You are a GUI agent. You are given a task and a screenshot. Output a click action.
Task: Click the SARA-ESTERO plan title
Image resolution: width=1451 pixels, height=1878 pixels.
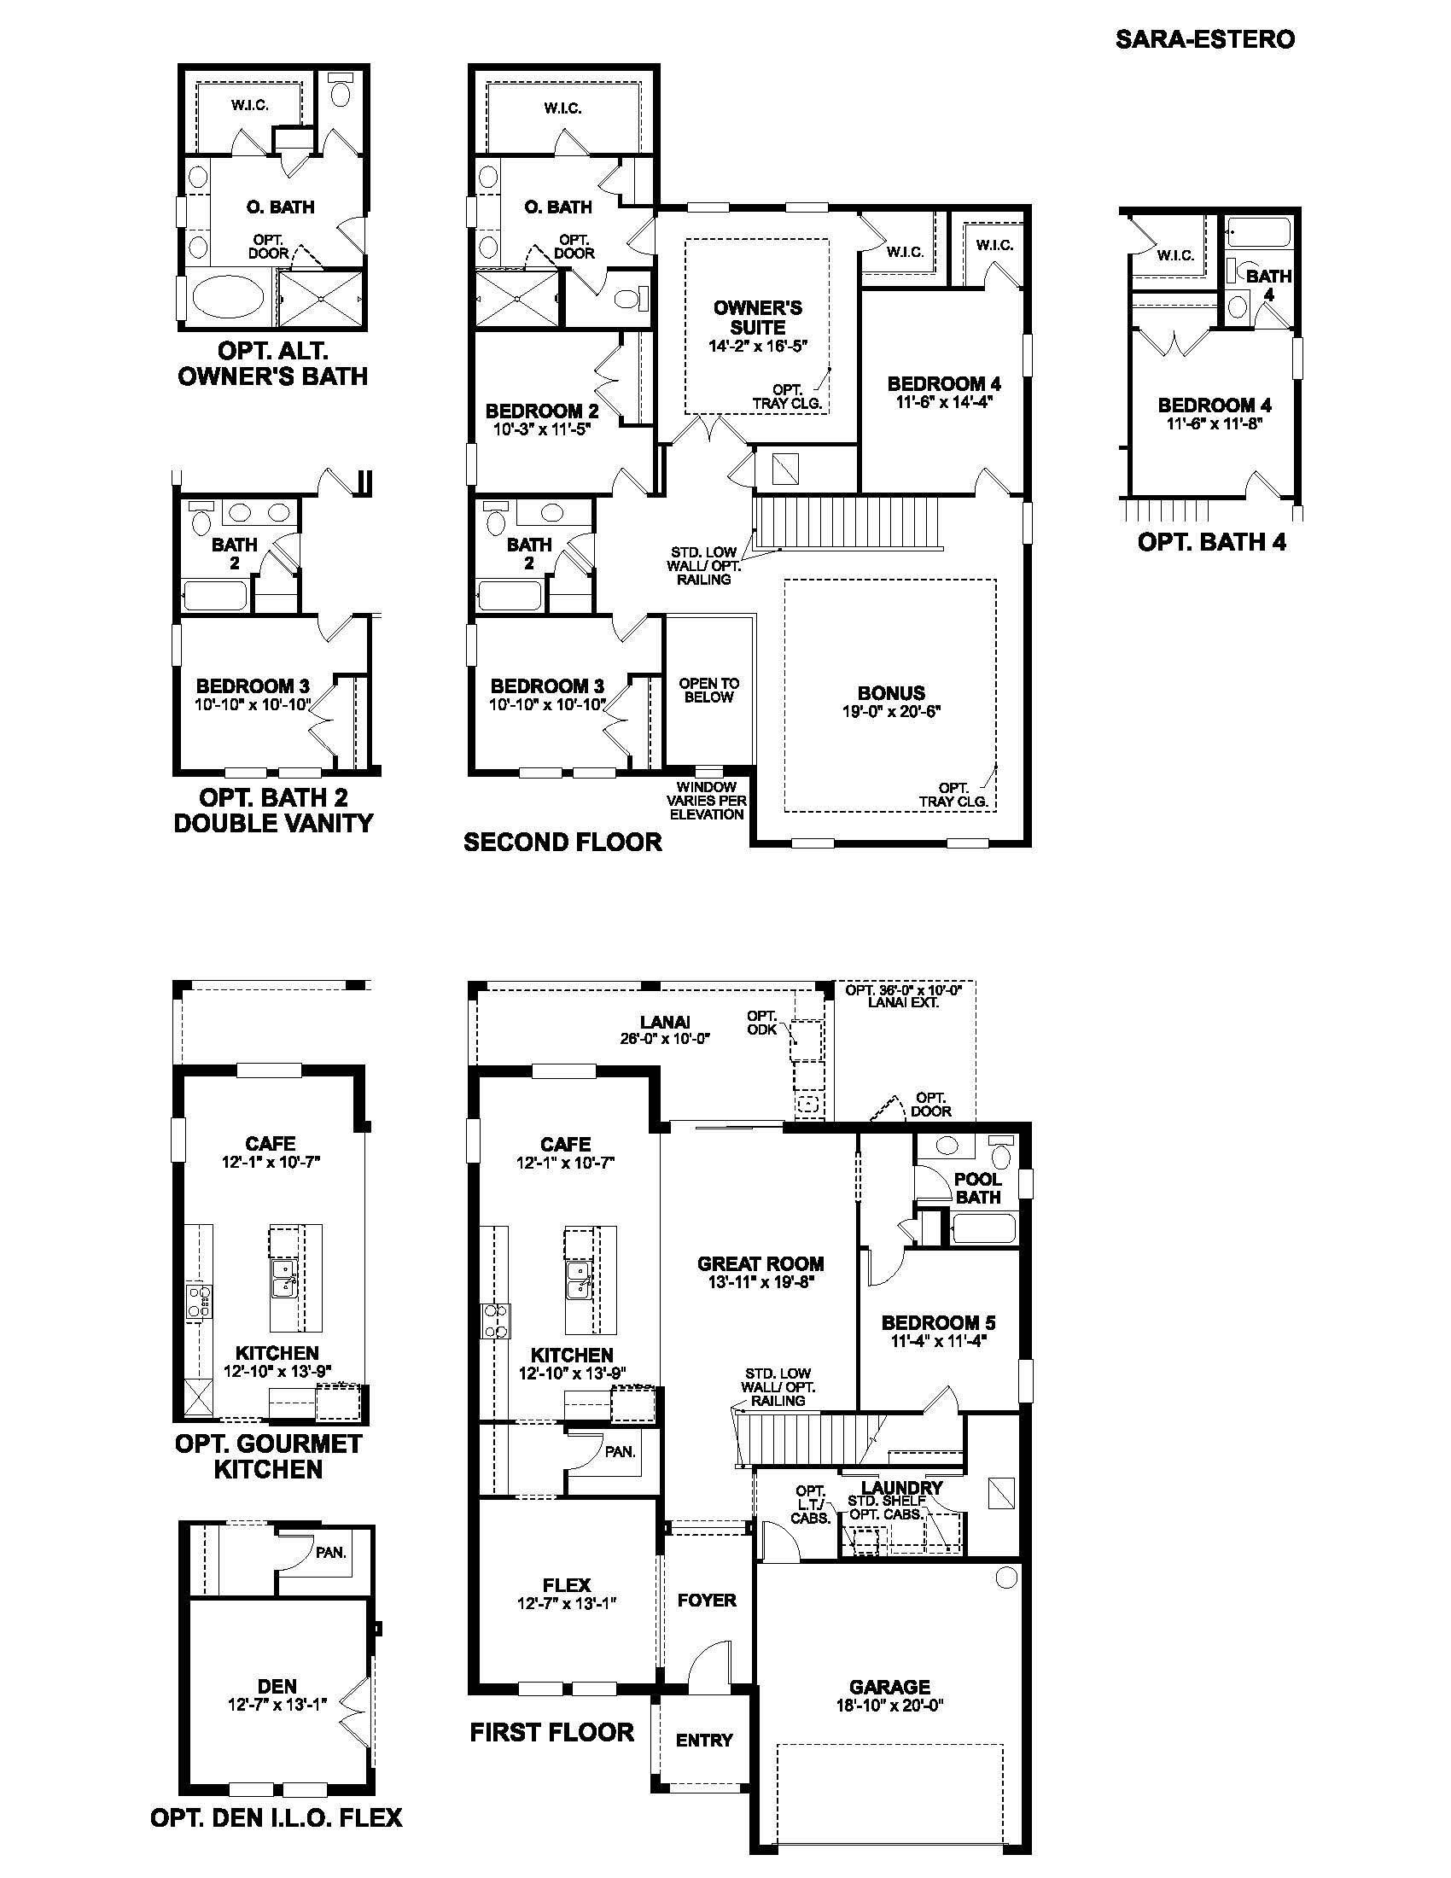click(1204, 39)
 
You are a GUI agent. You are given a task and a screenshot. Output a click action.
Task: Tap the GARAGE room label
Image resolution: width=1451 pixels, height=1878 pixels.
click(889, 1686)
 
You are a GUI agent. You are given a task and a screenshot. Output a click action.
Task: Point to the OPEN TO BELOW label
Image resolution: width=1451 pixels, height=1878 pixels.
click(708, 690)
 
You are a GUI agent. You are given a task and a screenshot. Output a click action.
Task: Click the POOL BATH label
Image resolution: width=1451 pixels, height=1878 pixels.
click(978, 1187)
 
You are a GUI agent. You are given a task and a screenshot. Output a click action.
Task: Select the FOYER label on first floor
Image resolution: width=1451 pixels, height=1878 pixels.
click(707, 1600)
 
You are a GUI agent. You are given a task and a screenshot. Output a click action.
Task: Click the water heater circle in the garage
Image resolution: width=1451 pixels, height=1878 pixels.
click(1005, 1577)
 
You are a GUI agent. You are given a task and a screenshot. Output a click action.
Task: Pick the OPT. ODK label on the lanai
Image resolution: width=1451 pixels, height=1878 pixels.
click(761, 1023)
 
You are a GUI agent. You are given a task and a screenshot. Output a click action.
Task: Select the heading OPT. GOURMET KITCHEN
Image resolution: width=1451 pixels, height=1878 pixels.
click(268, 1455)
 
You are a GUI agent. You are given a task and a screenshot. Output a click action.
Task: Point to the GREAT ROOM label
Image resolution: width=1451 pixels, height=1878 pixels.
click(760, 1263)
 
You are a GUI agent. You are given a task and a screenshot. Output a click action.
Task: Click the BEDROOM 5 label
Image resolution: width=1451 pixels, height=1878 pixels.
click(938, 1322)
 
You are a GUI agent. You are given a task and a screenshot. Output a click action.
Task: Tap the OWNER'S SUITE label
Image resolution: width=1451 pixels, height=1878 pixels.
click(757, 318)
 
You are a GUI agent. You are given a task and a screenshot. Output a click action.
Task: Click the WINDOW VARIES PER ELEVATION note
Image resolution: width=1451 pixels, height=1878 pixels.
click(707, 801)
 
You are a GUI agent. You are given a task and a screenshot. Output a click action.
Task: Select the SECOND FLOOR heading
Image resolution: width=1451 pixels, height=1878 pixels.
click(562, 842)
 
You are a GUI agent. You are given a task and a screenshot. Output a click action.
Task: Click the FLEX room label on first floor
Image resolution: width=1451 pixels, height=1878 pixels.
click(567, 1583)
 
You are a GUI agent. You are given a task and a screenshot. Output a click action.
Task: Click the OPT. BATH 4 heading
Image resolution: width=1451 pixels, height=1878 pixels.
click(1211, 542)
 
